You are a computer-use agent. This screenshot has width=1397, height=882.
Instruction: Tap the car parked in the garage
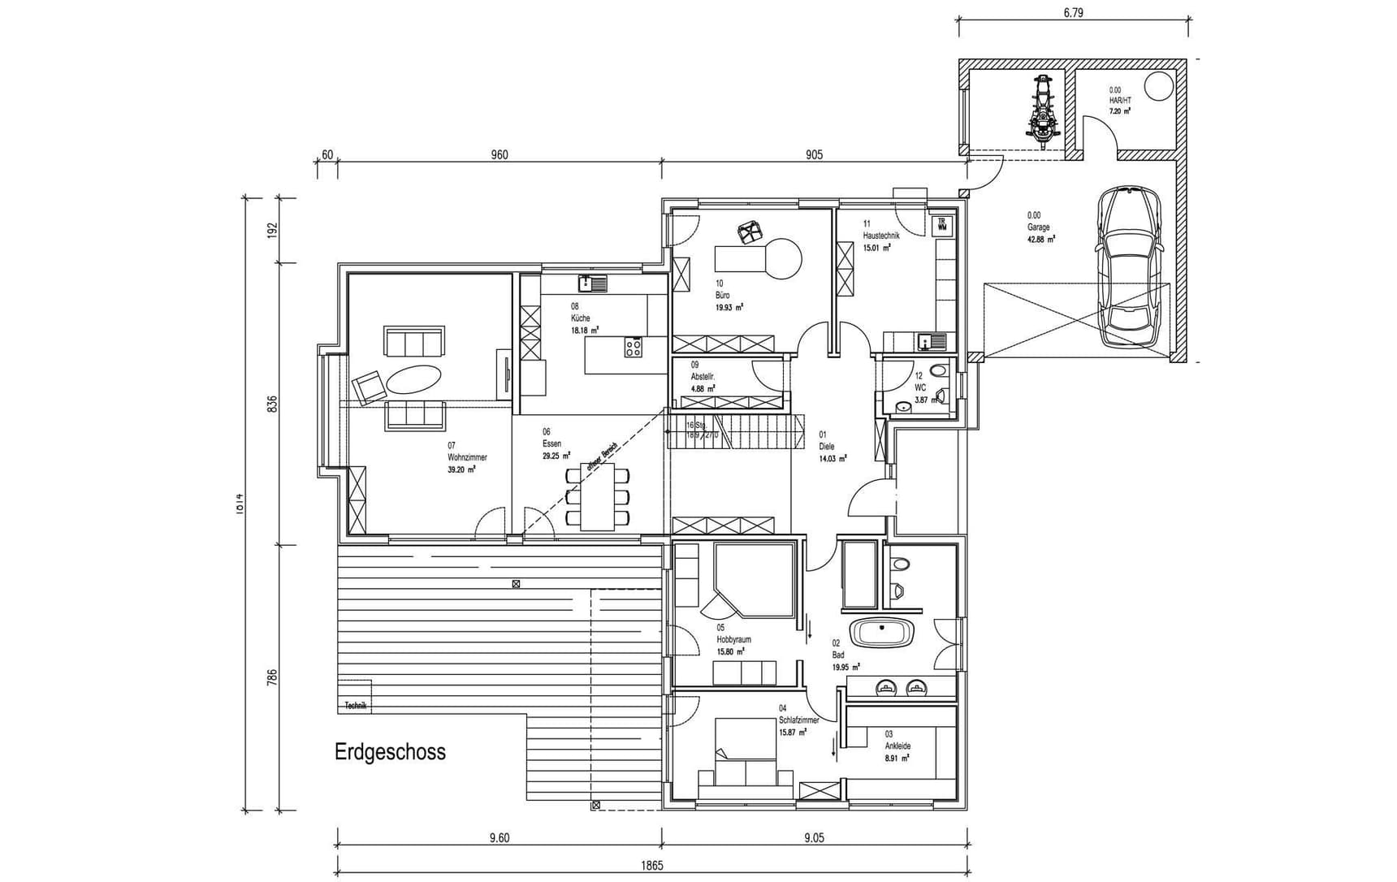pos(1130,267)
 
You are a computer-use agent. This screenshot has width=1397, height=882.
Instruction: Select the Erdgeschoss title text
pos(390,752)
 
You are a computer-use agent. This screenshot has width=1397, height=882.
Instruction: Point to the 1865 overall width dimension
pos(651,866)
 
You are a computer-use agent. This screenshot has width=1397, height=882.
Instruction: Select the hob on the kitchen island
pos(634,348)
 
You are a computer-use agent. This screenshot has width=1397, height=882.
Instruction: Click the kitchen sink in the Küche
pos(593,283)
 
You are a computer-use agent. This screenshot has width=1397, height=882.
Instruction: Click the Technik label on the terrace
pos(356,706)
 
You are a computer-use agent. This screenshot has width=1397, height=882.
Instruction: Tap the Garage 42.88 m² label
pos(1040,228)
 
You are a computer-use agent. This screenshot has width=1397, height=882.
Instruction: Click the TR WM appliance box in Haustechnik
pos(942,225)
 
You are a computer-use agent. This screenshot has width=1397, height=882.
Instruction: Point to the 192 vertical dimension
pos(273,230)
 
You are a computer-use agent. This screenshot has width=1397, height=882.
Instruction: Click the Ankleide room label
pos(897,746)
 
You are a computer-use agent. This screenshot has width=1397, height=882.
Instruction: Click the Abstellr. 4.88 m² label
pos(703,378)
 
